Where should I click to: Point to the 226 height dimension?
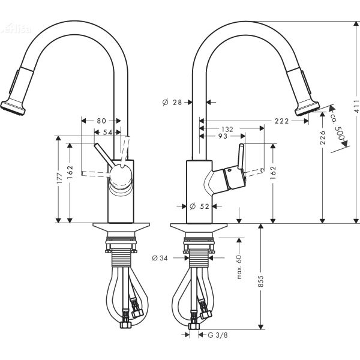(323, 137)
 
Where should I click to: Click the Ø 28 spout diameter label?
(172, 103)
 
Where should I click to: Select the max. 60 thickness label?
(238, 266)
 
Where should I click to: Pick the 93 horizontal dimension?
(222, 137)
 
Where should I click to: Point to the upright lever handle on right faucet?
(242, 157)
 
